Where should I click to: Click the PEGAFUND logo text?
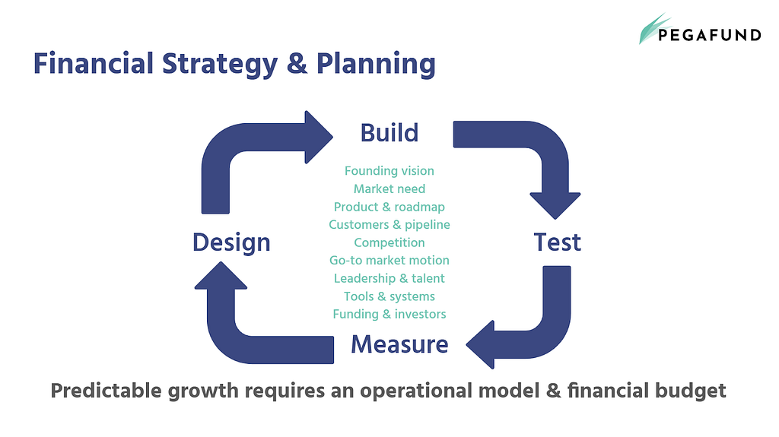[710, 35]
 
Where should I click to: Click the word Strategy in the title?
[220, 65]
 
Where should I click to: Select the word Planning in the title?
[376, 65]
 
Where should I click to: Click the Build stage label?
[389, 133]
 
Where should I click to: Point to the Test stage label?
[557, 242]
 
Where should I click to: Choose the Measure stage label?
[399, 344]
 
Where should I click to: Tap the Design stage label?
[231, 243]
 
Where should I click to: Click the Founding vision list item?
[389, 171]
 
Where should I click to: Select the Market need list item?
[389, 188]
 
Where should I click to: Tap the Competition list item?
[389, 243]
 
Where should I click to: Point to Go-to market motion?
[389, 260]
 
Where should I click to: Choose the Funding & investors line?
[389, 315]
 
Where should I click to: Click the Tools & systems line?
[389, 296]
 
